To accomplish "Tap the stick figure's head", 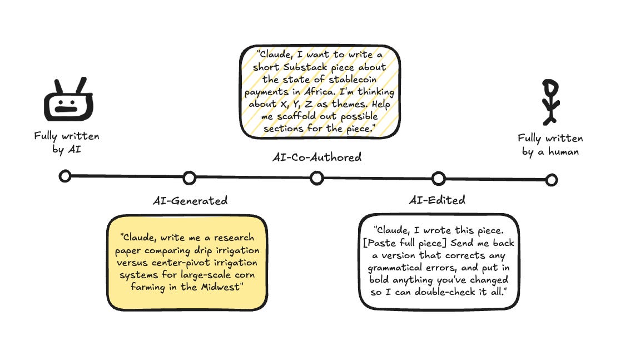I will (x=550, y=87).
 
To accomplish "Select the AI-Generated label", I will (x=190, y=201).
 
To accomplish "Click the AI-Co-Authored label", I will (x=316, y=157).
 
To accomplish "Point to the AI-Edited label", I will (x=437, y=200).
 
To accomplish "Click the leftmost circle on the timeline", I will (x=65, y=176).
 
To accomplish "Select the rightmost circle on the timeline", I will (x=551, y=180).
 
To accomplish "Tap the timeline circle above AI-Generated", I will (x=190, y=177).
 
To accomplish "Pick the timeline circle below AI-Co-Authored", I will (x=316, y=177).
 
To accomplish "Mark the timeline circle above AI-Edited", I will (x=438, y=179).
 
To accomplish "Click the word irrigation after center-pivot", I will (x=234, y=262).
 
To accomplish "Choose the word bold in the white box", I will (x=381, y=280).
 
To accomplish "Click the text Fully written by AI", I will (x=67, y=142).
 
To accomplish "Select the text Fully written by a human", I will (x=550, y=145).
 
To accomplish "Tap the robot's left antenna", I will (x=57, y=85).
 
